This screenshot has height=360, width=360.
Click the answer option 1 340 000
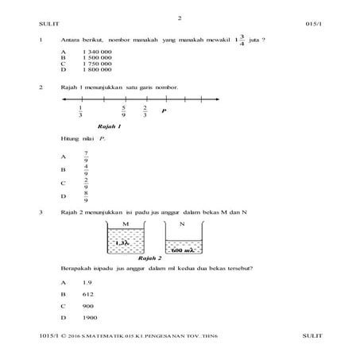pyautogui.click(x=97, y=52)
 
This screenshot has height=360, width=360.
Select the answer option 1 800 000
pyautogui.click(x=97, y=70)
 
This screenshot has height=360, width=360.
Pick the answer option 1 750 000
pyautogui.click(x=97, y=64)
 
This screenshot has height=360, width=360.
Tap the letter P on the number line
pyautogui.click(x=164, y=111)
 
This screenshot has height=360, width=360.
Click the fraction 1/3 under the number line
pyautogui.click(x=81, y=112)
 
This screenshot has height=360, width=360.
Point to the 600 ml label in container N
pyautogui.click(x=184, y=250)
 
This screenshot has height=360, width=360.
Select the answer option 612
pyautogui.click(x=87, y=294)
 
